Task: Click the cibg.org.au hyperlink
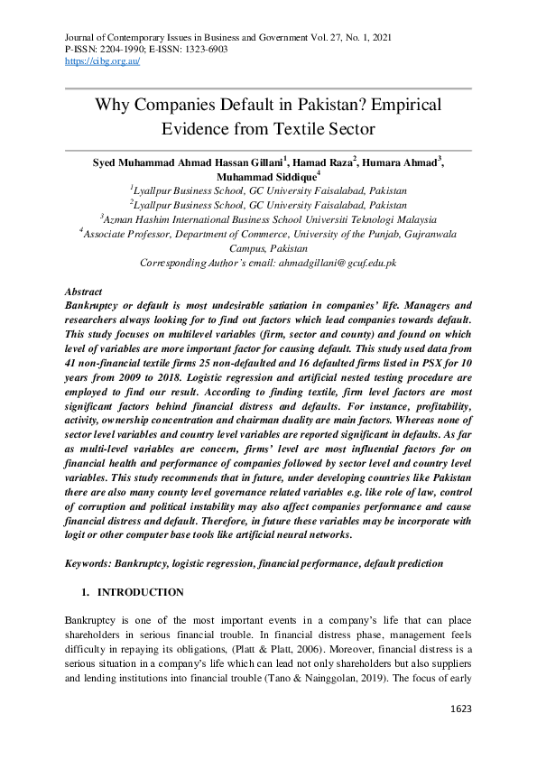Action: (x=102, y=61)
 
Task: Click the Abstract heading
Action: (x=84, y=293)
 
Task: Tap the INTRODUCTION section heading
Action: (x=140, y=592)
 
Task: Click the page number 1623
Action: (x=461, y=709)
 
